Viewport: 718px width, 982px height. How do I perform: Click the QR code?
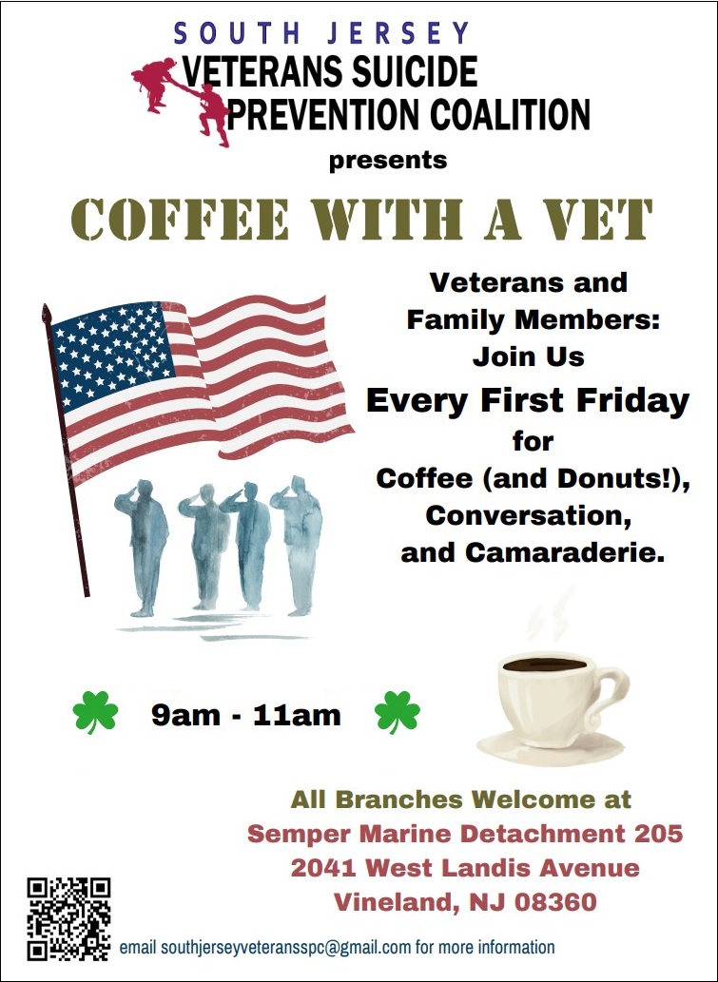68,918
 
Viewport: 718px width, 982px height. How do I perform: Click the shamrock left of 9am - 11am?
96,713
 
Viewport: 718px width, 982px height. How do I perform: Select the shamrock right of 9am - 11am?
398,713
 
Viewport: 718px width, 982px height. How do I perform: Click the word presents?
388,159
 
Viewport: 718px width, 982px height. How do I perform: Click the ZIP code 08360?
543,901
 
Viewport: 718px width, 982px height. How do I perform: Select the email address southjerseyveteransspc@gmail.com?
286,947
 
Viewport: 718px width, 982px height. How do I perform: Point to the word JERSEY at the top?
400,32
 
